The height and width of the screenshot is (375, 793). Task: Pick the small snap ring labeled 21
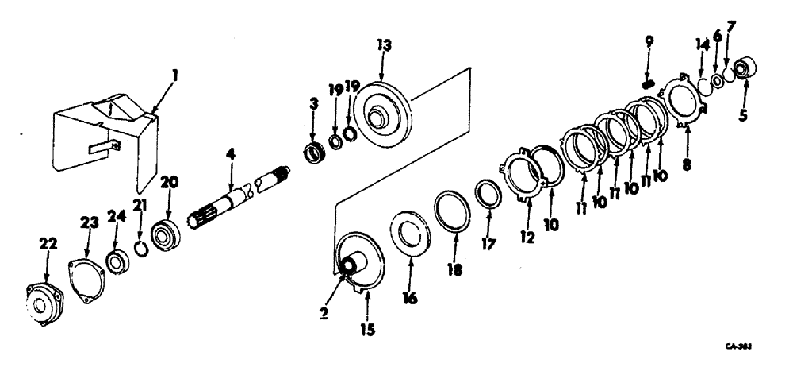(x=140, y=251)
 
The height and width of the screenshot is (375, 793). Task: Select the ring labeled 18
(x=452, y=212)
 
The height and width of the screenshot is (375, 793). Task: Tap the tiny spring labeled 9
(x=649, y=84)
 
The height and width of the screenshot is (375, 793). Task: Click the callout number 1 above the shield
(x=176, y=76)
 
